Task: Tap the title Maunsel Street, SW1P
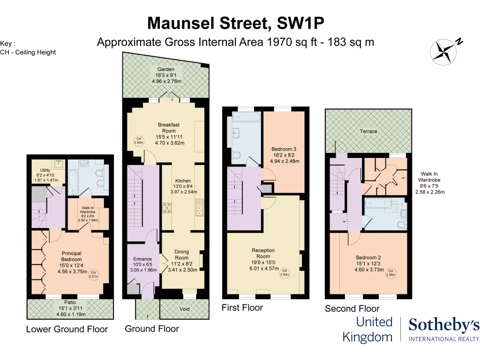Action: coord(236,22)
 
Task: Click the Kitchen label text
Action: coord(183,181)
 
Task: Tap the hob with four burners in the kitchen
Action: coord(167,207)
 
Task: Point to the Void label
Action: coord(185,309)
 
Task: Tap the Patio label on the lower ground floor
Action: coord(70,302)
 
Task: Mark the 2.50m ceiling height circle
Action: coord(284,273)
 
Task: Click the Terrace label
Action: coord(368,131)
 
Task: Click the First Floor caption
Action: coord(242,308)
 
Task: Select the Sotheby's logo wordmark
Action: coord(444,325)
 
